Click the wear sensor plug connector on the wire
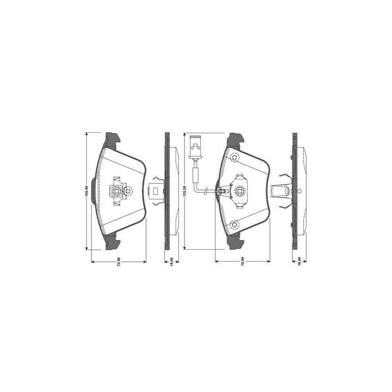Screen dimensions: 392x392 195,144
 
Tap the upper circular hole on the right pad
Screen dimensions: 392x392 235,158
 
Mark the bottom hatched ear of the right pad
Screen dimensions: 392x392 236,243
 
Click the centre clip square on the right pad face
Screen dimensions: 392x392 240,191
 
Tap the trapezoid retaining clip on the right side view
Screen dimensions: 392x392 279,191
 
